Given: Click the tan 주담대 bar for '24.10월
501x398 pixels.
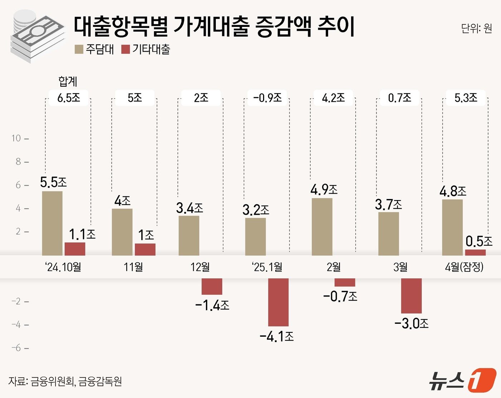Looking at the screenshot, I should [x=52, y=223].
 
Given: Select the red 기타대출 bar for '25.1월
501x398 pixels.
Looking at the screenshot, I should [x=278, y=302].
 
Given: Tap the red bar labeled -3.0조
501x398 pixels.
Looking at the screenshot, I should [x=411, y=295].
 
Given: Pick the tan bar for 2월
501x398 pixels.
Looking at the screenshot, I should [x=322, y=227].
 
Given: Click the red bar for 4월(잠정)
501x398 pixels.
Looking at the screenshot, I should [x=475, y=252].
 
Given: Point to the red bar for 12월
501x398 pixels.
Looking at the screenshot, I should [x=212, y=286].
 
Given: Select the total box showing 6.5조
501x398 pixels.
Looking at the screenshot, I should [x=68, y=98].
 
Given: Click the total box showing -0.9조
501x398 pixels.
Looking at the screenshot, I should [x=267, y=98].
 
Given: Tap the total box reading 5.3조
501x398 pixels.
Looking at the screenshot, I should [x=466, y=98].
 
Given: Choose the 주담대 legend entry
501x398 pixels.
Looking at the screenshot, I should [x=94, y=49].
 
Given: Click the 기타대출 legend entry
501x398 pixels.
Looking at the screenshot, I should [x=146, y=49].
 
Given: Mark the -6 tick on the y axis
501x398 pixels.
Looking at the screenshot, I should [x=16, y=348].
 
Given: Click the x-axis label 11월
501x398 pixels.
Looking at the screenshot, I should [x=133, y=267].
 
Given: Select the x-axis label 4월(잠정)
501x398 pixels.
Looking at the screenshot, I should [x=464, y=267].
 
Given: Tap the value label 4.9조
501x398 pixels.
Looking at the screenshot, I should [x=324, y=189].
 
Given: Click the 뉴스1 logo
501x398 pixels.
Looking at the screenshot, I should [x=462, y=380].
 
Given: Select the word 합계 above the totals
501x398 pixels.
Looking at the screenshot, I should [x=68, y=81].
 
